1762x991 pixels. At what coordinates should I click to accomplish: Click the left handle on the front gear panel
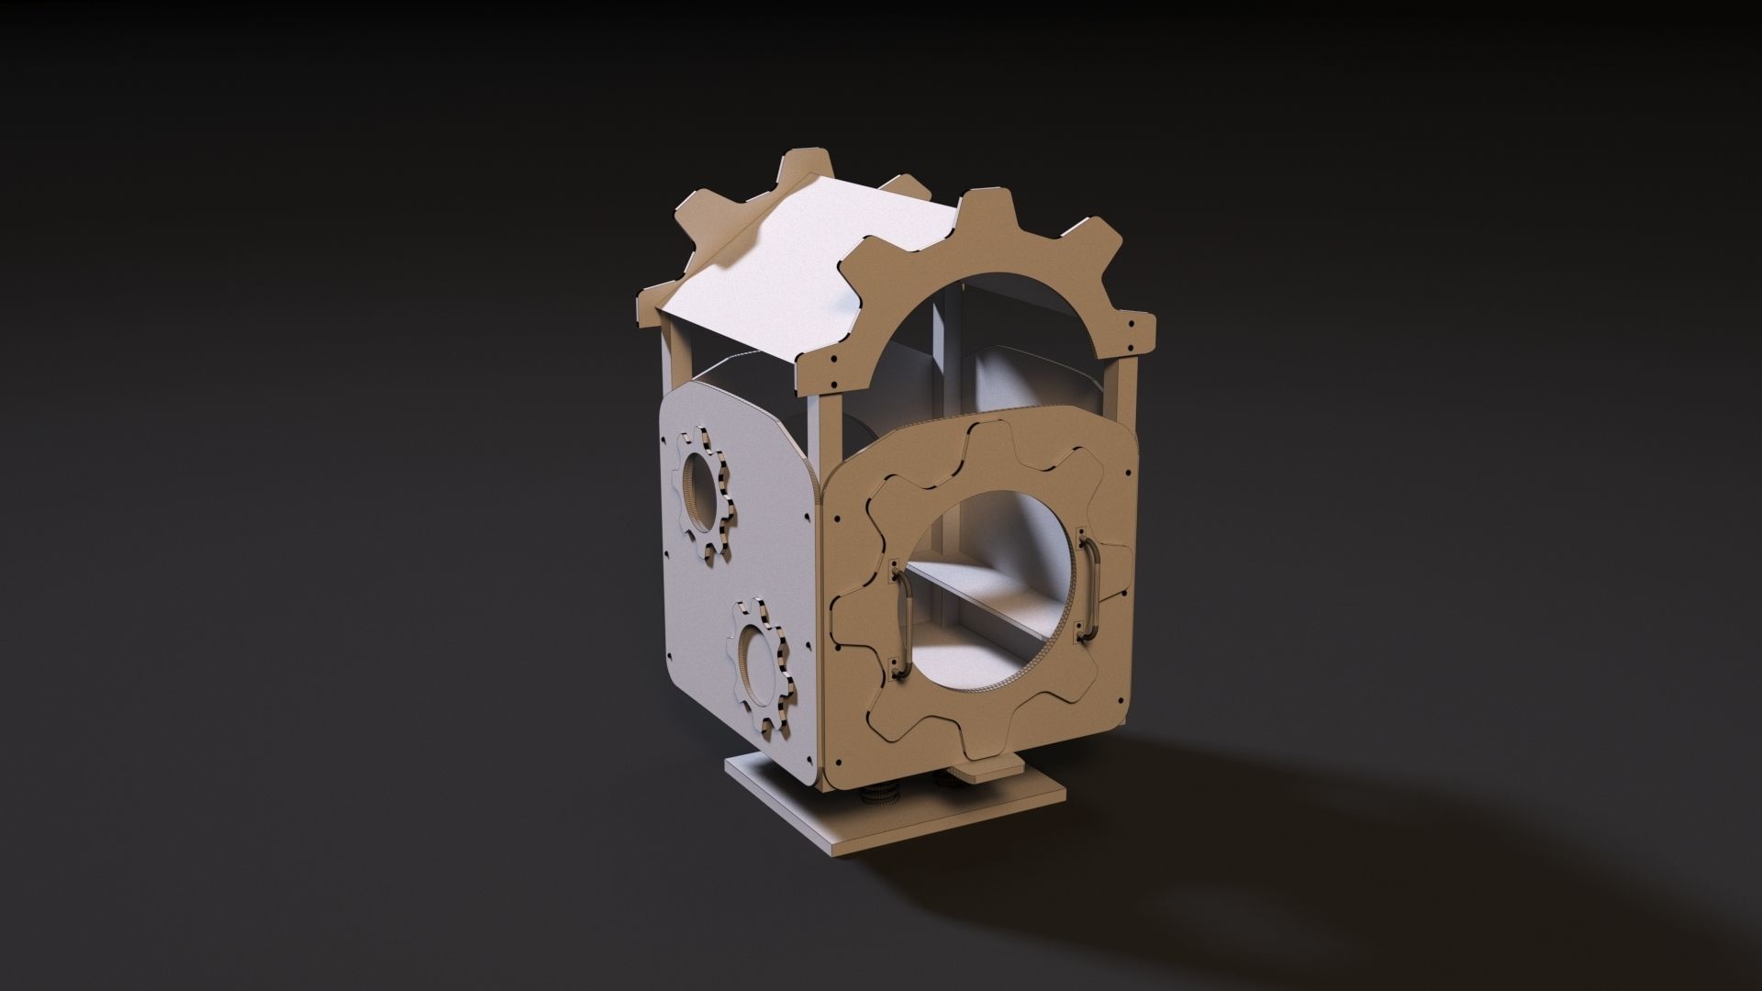901,620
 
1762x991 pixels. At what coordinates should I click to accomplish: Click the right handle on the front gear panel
1089,585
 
